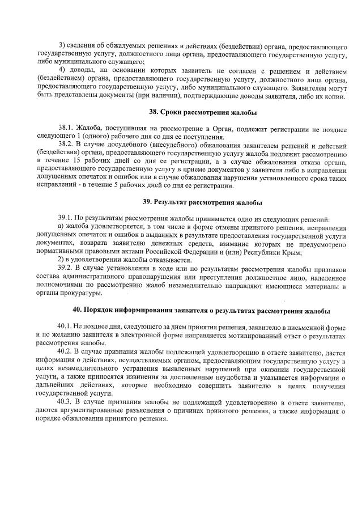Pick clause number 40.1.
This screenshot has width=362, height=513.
click(x=66, y=328)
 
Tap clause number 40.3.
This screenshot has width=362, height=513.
click(x=66, y=402)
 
